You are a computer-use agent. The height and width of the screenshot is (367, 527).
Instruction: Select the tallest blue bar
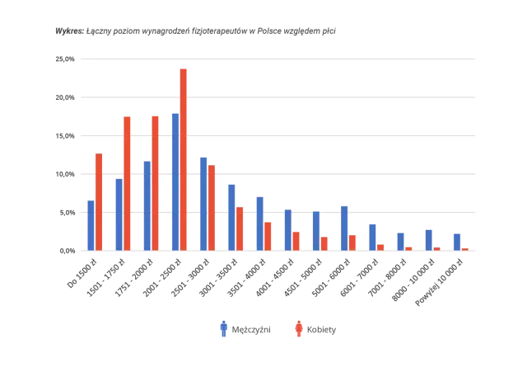175,181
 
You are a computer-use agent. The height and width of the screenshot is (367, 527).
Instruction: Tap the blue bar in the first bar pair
91,223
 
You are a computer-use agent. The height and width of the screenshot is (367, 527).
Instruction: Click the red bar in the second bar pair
127,181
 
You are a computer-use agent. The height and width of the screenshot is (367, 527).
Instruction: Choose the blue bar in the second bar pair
119,214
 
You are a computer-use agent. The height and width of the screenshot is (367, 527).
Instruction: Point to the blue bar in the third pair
147,204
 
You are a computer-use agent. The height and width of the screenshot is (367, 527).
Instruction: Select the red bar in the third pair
156,181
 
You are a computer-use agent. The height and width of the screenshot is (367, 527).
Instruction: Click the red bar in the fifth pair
212,207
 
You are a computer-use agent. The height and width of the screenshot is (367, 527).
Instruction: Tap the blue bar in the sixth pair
231,214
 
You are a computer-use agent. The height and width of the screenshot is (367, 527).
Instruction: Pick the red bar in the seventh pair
267,235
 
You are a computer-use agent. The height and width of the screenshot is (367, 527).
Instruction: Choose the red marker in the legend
298,330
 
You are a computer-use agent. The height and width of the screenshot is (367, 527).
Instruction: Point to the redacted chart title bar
194,33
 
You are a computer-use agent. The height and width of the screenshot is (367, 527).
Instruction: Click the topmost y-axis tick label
65,59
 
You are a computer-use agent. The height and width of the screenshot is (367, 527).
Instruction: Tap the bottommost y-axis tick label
65,250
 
